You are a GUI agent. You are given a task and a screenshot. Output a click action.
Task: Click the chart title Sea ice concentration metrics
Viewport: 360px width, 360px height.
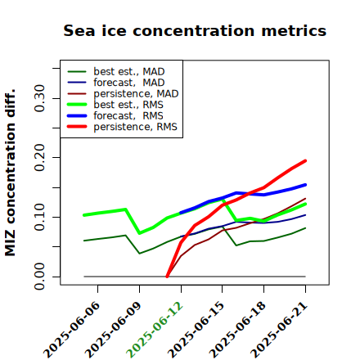pyautogui.click(x=195, y=30)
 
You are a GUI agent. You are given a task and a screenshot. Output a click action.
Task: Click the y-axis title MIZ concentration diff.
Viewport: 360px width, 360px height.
pyautogui.click(x=10, y=173)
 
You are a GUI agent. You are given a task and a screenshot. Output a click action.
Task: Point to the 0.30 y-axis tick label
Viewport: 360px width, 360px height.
pyautogui.click(x=40, y=98)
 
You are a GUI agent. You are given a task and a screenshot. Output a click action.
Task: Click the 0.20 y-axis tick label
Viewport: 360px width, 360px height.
pyautogui.click(x=40, y=158)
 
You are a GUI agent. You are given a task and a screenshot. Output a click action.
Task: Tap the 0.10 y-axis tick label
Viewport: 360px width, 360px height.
pyautogui.click(x=40, y=217)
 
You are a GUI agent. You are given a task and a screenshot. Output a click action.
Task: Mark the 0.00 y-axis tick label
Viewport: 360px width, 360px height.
pyautogui.click(x=40, y=277)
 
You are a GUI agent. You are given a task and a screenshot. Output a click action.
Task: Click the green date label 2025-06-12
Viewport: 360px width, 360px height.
pyautogui.click(x=155, y=330)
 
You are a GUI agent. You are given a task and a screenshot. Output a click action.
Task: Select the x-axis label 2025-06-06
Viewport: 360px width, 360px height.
pyautogui.click(x=71, y=330)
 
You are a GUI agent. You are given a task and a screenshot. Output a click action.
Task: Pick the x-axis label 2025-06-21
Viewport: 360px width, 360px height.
pyautogui.click(x=279, y=330)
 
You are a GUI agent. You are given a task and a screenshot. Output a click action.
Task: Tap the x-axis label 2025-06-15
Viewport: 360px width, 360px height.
pyautogui.click(x=196, y=330)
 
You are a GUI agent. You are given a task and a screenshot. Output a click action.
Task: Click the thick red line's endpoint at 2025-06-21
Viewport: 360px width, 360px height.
pyautogui.click(x=305, y=161)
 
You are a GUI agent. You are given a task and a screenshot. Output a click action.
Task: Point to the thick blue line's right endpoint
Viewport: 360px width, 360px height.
pyautogui.click(x=305, y=185)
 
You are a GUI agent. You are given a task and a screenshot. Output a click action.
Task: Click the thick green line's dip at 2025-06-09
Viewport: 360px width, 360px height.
pyautogui.click(x=140, y=233)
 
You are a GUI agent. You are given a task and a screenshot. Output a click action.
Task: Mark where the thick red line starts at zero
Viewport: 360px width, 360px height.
pyautogui.click(x=167, y=277)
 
